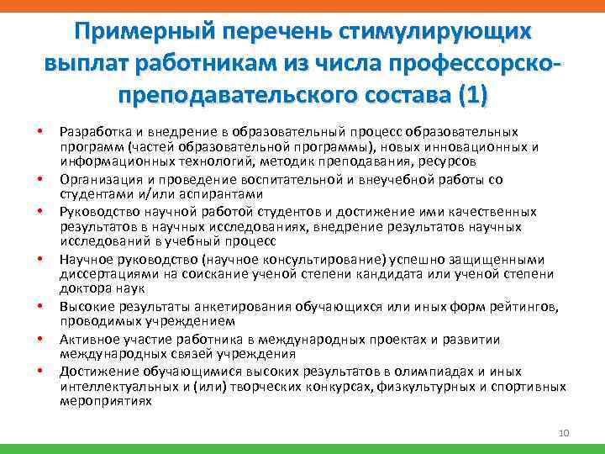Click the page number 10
(564, 433)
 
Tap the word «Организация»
(98, 180)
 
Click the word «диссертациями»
(107, 274)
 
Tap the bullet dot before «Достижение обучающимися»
(39, 372)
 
